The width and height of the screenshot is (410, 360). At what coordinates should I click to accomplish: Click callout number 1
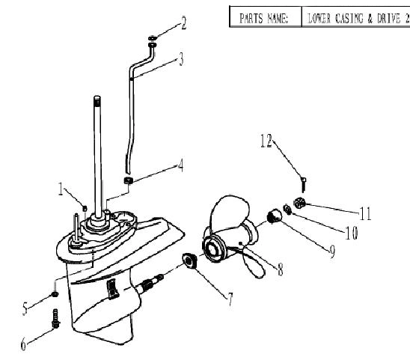click(x=61, y=189)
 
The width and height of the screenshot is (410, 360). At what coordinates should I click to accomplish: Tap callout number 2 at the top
click(x=184, y=23)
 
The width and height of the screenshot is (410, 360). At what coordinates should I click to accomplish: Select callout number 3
click(x=181, y=59)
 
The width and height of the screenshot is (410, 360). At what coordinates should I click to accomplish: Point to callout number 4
click(x=180, y=165)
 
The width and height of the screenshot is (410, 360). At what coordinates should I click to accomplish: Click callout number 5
click(x=25, y=308)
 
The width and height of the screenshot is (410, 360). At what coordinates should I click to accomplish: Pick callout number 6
click(x=23, y=344)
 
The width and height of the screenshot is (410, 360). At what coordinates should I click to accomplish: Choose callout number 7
click(x=230, y=299)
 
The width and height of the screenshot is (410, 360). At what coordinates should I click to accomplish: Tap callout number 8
click(x=280, y=269)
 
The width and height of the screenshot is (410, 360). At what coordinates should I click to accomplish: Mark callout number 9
click(x=332, y=251)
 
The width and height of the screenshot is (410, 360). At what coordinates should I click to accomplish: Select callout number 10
click(x=351, y=233)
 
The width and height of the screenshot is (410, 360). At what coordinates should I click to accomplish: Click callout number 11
click(x=365, y=213)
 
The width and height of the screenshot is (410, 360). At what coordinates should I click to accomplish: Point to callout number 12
click(x=266, y=141)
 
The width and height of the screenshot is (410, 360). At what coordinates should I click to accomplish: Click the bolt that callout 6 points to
click(x=55, y=318)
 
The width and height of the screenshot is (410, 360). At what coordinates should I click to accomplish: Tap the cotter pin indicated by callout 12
click(x=303, y=184)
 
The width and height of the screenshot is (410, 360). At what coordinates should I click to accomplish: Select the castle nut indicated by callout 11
click(x=299, y=203)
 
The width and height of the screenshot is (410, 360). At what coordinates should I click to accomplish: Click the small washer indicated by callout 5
click(x=55, y=294)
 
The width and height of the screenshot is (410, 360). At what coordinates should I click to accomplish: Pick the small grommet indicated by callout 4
click(x=128, y=180)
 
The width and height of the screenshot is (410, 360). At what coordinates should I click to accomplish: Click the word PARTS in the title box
click(x=251, y=18)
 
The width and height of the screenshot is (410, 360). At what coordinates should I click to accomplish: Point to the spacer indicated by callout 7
click(x=189, y=260)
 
